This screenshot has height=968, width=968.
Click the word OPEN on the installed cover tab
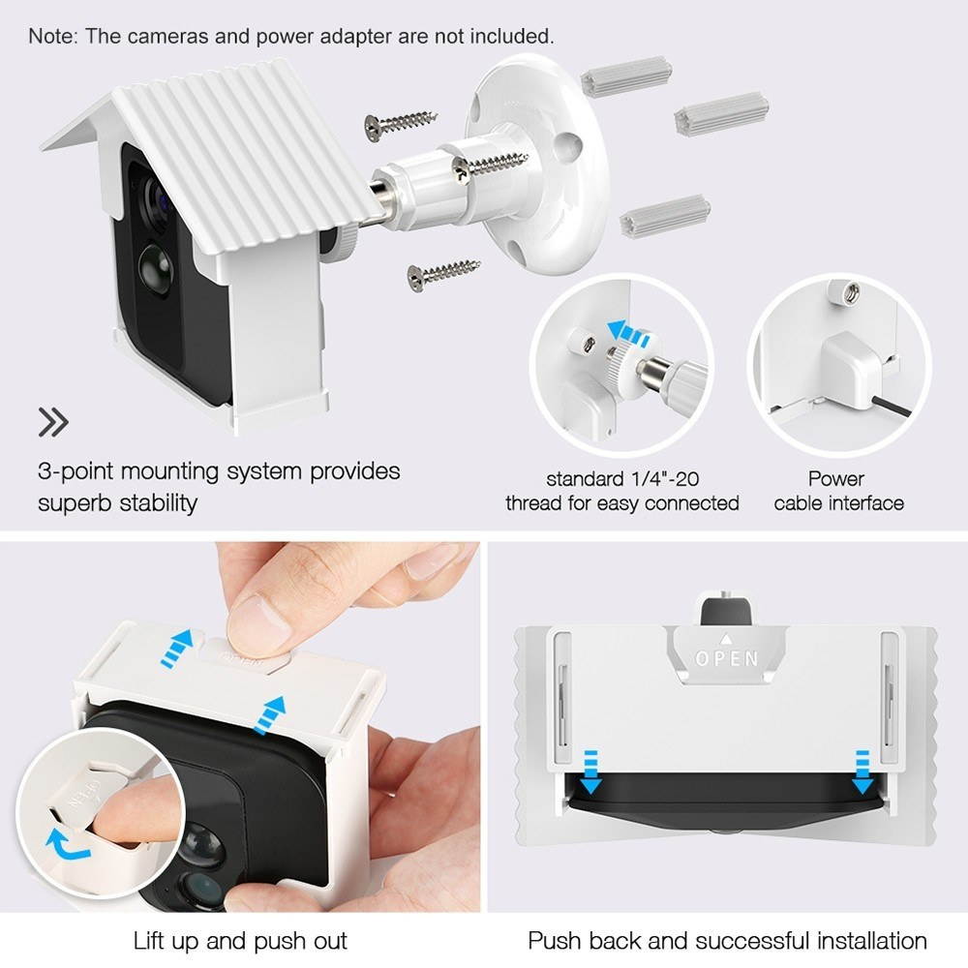(x=727, y=659)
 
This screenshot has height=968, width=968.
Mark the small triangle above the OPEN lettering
(x=727, y=639)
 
